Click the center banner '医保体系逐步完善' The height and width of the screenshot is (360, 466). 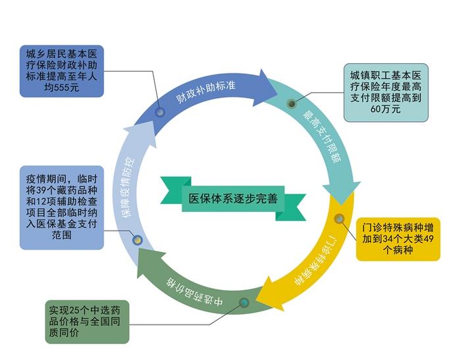[232, 197]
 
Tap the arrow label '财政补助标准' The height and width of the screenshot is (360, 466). [207, 92]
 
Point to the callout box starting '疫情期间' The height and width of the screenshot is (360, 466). [61, 207]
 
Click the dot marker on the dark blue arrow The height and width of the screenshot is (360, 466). [160, 113]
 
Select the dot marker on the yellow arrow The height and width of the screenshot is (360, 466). [339, 219]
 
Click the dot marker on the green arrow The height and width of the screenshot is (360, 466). [244, 303]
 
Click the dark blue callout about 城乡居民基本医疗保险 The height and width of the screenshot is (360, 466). [61, 70]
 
